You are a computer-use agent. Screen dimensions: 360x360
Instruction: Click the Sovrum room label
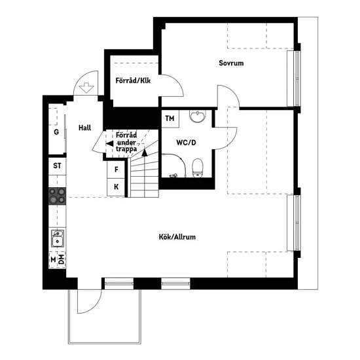pyautogui.click(x=231, y=63)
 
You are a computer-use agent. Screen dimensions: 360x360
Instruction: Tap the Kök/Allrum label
pyautogui.click(x=177, y=237)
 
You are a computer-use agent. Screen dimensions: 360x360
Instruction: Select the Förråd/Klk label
pyautogui.click(x=133, y=81)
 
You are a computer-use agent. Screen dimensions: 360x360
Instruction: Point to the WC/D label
pyautogui.click(x=186, y=143)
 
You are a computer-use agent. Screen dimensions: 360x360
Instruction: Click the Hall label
pyautogui.click(x=84, y=128)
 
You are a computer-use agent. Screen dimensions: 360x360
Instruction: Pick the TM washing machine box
pyautogui.click(x=170, y=118)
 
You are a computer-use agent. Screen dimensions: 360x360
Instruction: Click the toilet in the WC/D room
pyautogui.click(x=198, y=168)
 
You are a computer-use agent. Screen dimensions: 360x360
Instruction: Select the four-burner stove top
pyautogui.click(x=57, y=196)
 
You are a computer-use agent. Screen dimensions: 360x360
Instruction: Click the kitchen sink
pyautogui.click(x=58, y=238)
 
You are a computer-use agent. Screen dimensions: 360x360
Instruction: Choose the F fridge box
pyautogui.click(x=116, y=170)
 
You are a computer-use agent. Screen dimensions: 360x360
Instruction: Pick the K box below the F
pyautogui.click(x=116, y=187)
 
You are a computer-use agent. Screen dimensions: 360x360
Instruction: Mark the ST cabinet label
pyautogui.click(x=57, y=166)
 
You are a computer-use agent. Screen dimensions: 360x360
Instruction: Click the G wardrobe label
pyautogui.click(x=56, y=132)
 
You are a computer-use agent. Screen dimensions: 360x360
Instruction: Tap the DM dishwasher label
pyautogui.click(x=61, y=259)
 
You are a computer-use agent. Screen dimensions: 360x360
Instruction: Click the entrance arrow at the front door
pyautogui.click(x=86, y=88)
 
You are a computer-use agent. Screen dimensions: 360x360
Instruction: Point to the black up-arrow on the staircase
pyautogui.click(x=145, y=153)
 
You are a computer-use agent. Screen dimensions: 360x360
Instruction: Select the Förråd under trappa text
pyautogui.click(x=126, y=142)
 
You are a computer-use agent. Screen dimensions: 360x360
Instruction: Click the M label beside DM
pyautogui.click(x=53, y=260)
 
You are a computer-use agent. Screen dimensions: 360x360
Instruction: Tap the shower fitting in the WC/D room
pyautogui.click(x=174, y=176)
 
